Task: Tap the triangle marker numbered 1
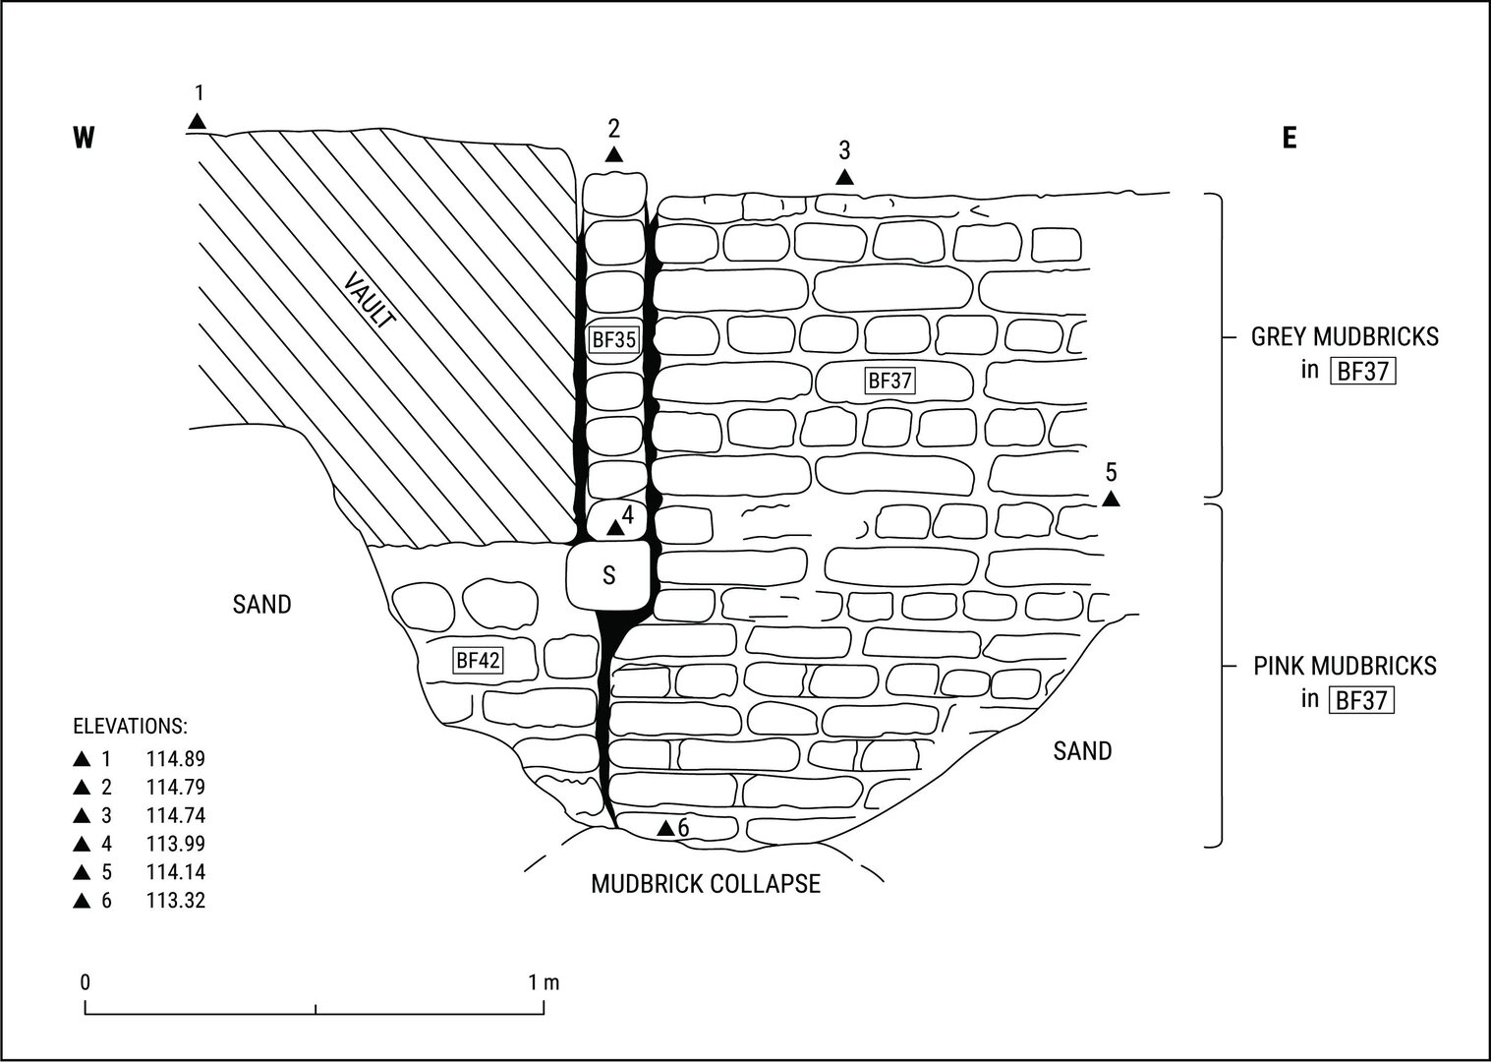coord(198,122)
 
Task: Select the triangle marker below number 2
coord(614,154)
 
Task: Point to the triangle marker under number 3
coord(844,177)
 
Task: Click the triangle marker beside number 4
coord(615,528)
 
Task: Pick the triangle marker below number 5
coord(1111,500)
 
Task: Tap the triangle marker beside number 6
coord(666,829)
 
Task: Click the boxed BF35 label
coord(614,340)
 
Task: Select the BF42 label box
coord(479,660)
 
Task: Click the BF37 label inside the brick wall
coord(889,380)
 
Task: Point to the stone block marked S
coord(609,574)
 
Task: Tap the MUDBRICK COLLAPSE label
coord(705,883)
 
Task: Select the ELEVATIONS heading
coord(130,727)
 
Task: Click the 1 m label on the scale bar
coord(544,981)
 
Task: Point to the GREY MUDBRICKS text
coord(1344,336)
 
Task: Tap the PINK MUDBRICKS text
coord(1344,666)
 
